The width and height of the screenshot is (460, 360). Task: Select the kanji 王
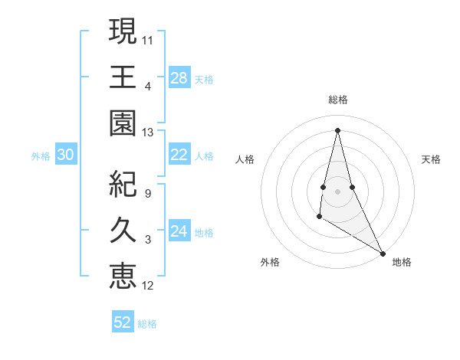[123, 77]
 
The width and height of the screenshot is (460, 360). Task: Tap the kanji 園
[123, 123]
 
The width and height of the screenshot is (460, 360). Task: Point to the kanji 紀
[123, 185]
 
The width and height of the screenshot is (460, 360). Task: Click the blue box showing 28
[179, 77]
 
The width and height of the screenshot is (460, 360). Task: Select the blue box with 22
[179, 155]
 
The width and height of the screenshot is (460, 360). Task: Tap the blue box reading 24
[179, 231]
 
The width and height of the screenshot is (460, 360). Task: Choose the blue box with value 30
[65, 155]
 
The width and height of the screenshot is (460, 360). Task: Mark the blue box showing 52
[123, 322]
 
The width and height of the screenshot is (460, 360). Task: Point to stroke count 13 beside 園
[148, 132]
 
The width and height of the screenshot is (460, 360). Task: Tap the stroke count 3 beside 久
[148, 240]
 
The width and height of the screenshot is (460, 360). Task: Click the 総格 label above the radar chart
[338, 100]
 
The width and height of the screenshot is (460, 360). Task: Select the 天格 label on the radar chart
[431, 159]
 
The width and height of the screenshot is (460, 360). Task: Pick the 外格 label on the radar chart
[270, 262]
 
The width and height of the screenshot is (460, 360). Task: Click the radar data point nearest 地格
[383, 253]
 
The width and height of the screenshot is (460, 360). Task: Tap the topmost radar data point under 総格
[337, 129]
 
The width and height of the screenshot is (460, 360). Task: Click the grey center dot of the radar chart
[337, 191]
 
